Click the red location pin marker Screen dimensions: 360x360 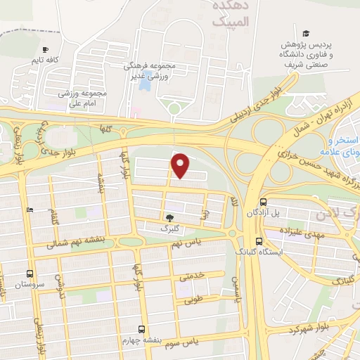181,165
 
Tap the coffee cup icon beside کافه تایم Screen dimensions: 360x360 46,50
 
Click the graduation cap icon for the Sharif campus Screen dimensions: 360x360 306,33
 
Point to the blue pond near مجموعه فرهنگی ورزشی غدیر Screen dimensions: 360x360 145,83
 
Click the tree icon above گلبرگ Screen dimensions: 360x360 169,218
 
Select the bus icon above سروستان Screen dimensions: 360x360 30,274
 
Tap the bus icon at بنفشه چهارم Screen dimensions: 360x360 141,328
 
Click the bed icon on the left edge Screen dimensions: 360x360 29,210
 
